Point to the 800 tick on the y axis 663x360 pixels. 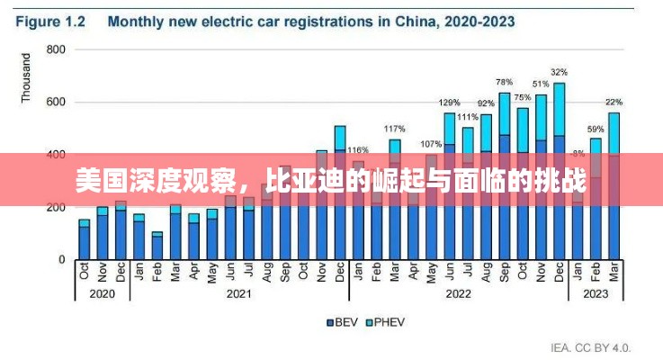(57, 49)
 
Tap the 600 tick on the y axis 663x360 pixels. (57, 102)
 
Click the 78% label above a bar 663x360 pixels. (504, 82)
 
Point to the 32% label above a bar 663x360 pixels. (559, 72)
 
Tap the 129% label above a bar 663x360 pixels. (449, 103)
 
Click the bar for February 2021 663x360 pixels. (157, 247)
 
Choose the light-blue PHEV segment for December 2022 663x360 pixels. (559, 109)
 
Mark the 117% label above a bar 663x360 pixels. (394, 129)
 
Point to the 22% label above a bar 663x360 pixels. (614, 102)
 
